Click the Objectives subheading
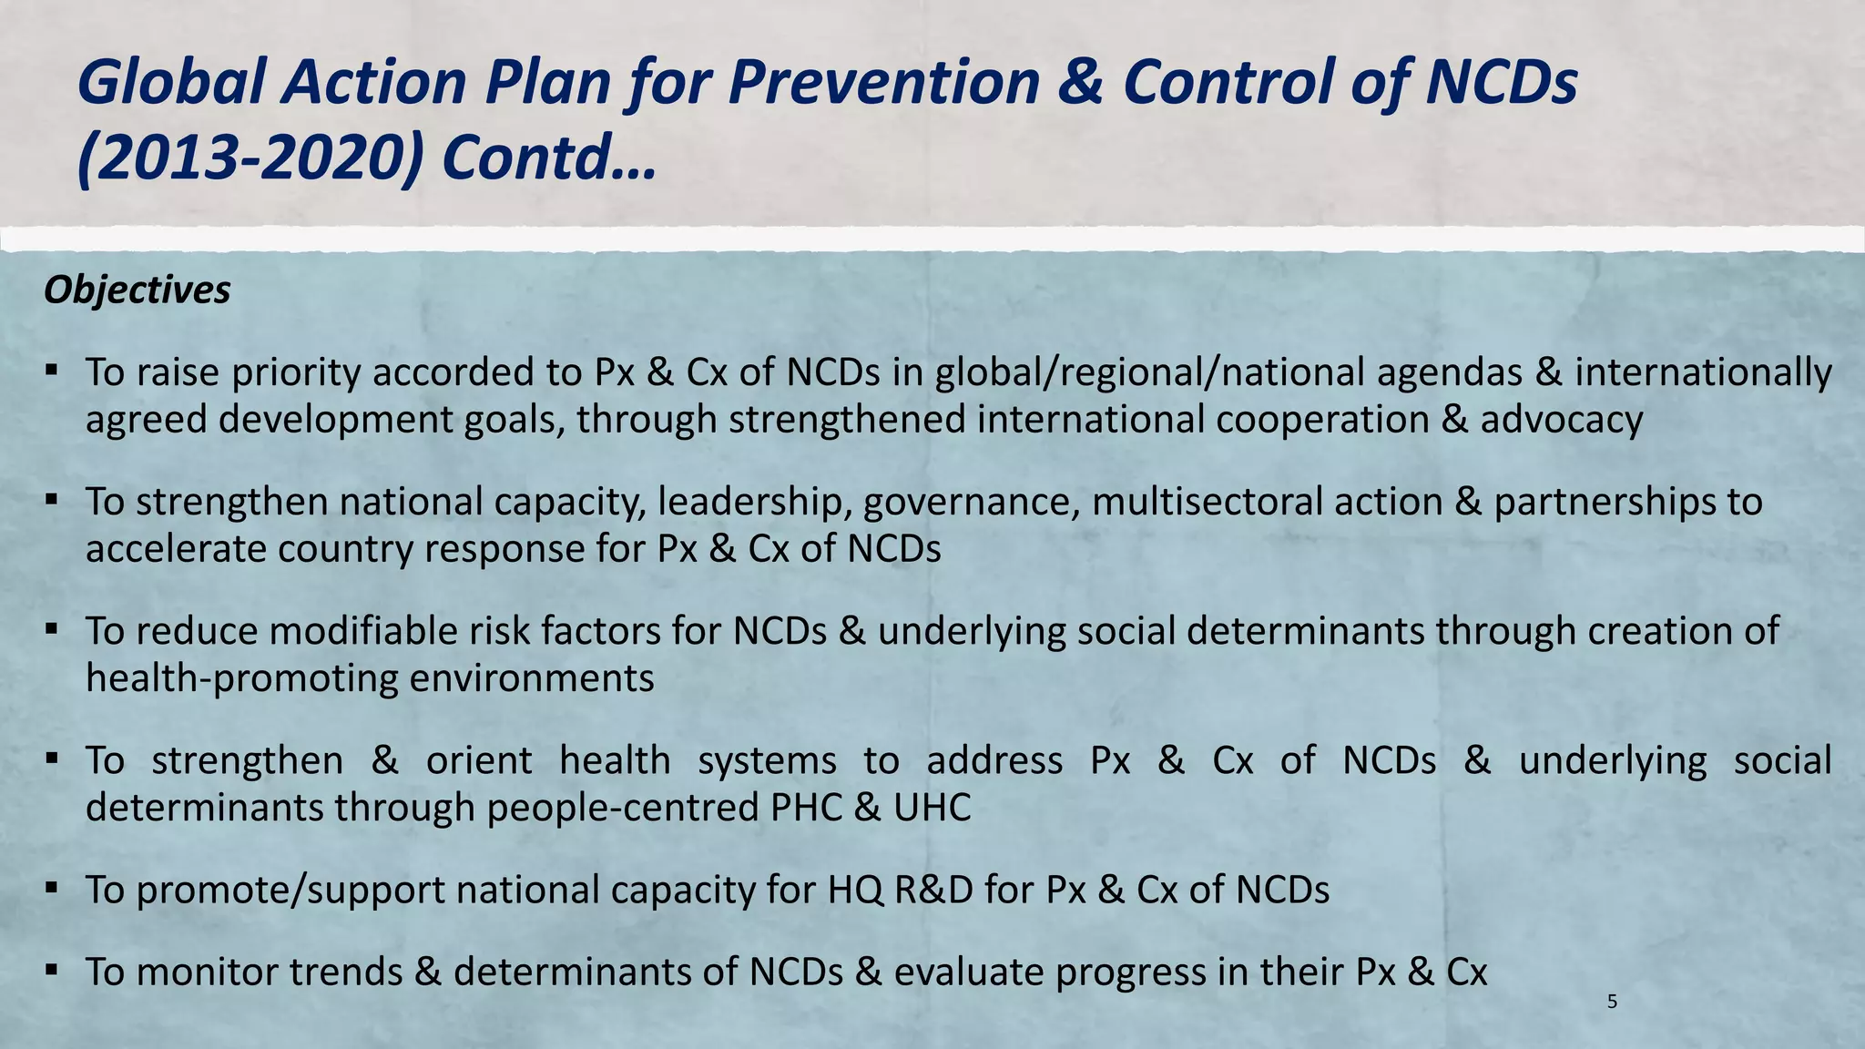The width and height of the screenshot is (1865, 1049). coord(137,290)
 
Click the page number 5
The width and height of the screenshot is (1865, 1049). coord(1613,1003)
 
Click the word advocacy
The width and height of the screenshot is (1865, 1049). coord(1561,420)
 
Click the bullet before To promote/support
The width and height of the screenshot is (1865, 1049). coord(52,887)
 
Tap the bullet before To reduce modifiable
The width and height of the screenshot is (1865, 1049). coord(52,628)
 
